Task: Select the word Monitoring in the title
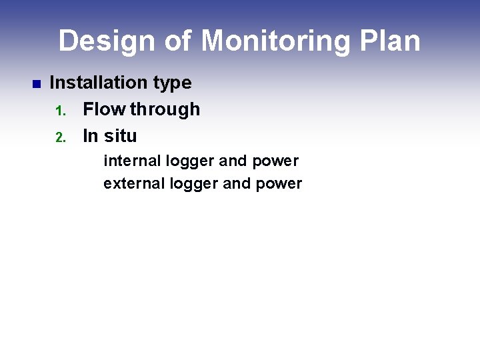pyautogui.click(x=275, y=41)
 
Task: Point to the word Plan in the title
pyautogui.click(x=391, y=41)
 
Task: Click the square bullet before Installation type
pyautogui.click(x=36, y=84)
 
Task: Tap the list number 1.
pyautogui.click(x=59, y=111)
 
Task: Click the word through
pyautogui.click(x=165, y=110)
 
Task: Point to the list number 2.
pyautogui.click(x=59, y=137)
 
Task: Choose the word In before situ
pyautogui.click(x=90, y=136)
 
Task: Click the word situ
pyautogui.click(x=121, y=136)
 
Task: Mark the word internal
pyautogui.click(x=132, y=161)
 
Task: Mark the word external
pyautogui.click(x=134, y=183)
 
